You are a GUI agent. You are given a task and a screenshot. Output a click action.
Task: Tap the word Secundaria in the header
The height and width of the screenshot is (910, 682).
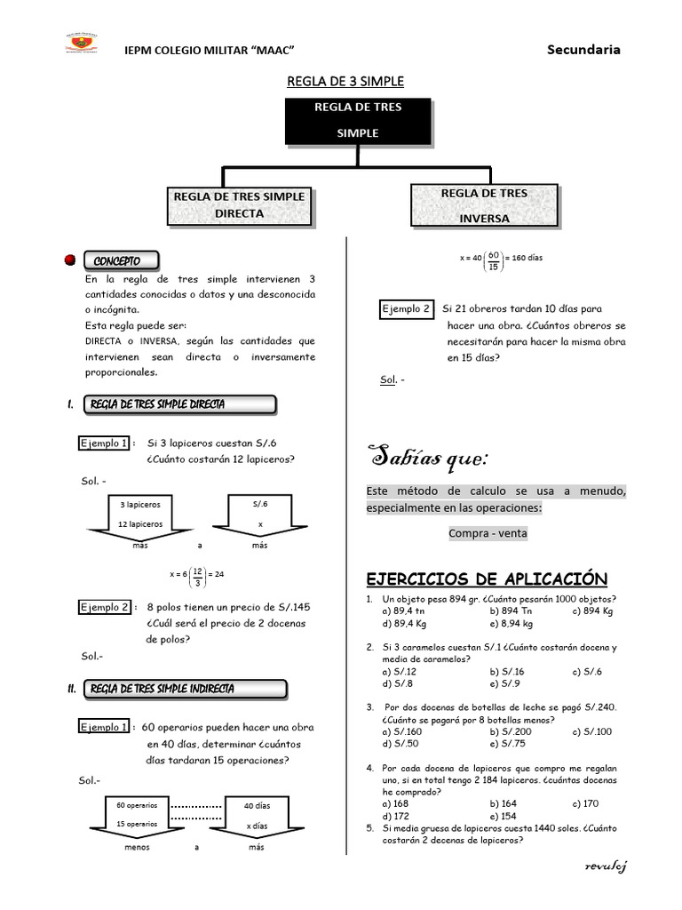[583, 50]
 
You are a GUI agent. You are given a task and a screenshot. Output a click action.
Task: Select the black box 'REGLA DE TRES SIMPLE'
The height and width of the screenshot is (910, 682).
[358, 121]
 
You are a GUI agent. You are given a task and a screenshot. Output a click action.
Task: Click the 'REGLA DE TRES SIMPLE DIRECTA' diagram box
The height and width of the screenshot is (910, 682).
[239, 205]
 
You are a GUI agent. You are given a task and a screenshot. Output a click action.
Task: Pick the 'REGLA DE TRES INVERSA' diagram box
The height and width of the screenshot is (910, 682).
[484, 205]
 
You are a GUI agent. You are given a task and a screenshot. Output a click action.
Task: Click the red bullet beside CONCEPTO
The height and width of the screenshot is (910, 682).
[70, 261]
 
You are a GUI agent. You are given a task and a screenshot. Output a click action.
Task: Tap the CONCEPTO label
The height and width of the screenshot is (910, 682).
[123, 261]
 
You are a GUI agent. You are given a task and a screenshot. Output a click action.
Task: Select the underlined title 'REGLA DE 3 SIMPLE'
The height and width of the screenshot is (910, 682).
[345, 82]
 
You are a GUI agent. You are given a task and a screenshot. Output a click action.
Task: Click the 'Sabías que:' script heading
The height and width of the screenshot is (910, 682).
[428, 459]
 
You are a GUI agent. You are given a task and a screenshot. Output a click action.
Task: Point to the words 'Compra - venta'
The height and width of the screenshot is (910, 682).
[488, 533]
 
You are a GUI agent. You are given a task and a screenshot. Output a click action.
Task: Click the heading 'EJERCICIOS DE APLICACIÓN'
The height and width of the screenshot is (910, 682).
[487, 579]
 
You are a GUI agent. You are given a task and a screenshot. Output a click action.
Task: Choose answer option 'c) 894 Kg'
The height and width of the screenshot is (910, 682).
[595, 611]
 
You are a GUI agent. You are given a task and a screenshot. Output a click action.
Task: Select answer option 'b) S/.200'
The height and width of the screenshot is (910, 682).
[510, 731]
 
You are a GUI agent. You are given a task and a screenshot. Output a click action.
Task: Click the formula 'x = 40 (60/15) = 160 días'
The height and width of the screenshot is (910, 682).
[501, 259]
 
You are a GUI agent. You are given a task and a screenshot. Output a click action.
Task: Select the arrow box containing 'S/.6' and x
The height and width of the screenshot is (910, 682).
[260, 517]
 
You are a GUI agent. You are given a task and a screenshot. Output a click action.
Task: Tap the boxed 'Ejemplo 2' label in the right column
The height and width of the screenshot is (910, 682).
[406, 309]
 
